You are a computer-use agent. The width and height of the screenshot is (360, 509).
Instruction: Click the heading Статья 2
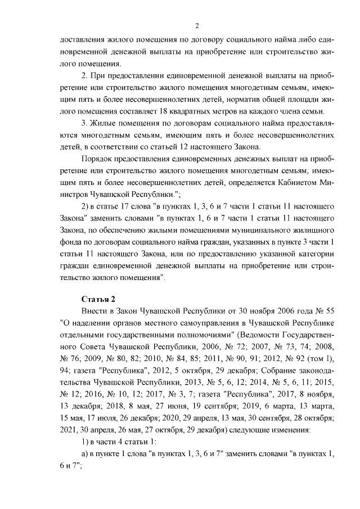[98, 298]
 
